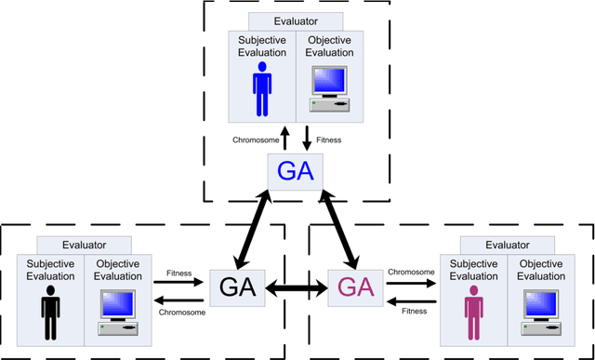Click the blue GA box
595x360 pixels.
(295, 172)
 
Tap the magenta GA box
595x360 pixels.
(357, 286)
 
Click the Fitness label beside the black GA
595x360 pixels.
(179, 273)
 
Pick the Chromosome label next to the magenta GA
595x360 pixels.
(409, 273)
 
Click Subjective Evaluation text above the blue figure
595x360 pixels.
(261, 46)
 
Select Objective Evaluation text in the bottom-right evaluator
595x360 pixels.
(542, 271)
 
